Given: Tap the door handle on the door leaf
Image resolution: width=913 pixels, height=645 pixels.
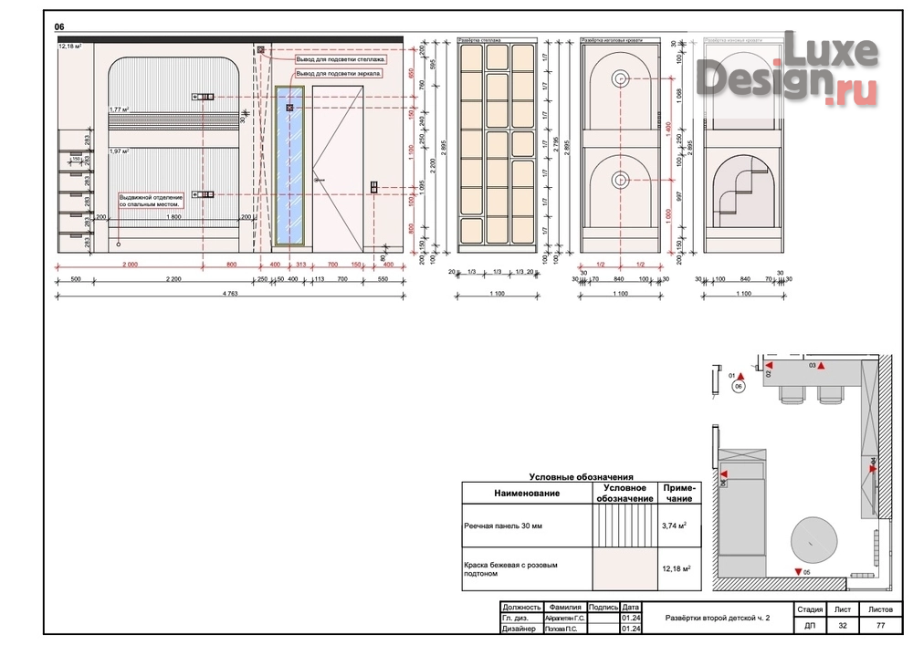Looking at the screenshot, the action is click(320, 181).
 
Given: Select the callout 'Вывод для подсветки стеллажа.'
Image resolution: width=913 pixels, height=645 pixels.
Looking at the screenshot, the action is click(341, 58).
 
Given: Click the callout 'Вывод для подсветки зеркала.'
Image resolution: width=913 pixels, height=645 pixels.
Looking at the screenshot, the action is click(339, 72).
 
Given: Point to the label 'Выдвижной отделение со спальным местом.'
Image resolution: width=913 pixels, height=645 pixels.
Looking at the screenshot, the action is click(152, 200).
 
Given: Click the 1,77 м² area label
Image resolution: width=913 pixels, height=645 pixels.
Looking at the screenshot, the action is click(120, 109).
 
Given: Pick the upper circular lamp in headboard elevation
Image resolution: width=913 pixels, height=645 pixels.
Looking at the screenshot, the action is click(620, 79).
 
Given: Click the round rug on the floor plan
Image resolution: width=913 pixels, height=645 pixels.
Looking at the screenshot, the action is click(811, 540).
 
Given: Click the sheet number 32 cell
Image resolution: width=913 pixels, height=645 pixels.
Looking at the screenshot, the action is click(843, 627).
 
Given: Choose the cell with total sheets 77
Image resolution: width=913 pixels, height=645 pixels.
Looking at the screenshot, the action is click(880, 627).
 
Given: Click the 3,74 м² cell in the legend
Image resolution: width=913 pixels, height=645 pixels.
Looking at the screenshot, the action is click(675, 525).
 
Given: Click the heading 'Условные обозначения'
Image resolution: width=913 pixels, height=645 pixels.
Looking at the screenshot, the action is click(581, 477).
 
